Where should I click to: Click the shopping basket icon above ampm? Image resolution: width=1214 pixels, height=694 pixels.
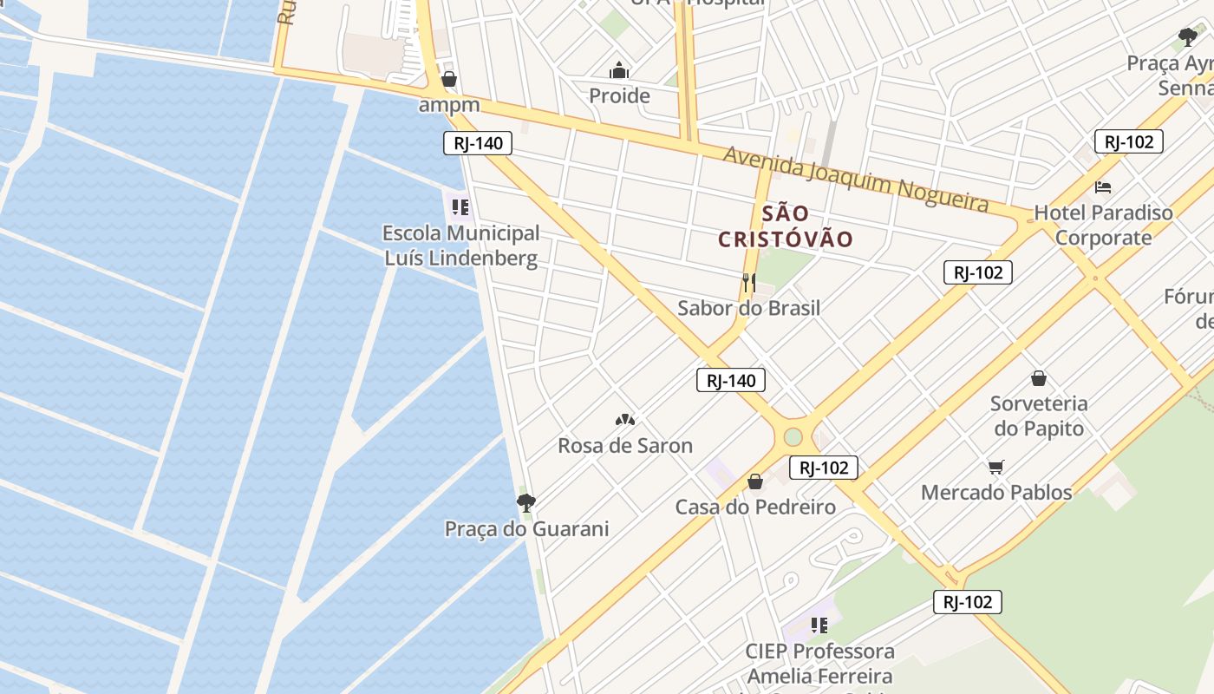click(x=449, y=79)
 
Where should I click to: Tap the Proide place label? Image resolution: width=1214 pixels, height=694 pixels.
click(x=619, y=95)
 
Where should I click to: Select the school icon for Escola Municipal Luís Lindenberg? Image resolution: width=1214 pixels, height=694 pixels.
click(x=460, y=206)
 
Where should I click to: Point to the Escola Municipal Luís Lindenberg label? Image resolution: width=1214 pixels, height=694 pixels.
click(x=460, y=246)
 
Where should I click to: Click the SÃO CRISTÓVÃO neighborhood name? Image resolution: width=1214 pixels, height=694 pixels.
click(x=786, y=226)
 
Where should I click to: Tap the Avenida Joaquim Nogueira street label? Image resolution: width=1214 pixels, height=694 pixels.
click(x=856, y=179)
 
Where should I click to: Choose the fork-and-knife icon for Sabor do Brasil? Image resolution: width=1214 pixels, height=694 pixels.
click(x=749, y=282)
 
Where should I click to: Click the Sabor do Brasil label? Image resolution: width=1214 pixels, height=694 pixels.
click(x=748, y=308)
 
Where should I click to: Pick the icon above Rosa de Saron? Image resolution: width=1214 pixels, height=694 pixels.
click(x=624, y=420)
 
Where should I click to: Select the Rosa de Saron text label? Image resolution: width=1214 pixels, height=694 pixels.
click(x=625, y=446)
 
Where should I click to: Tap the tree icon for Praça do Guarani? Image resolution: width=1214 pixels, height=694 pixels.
click(x=525, y=502)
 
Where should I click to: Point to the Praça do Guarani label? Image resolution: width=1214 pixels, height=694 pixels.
click(x=526, y=528)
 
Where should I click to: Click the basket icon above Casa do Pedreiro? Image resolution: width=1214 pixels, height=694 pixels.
click(x=755, y=481)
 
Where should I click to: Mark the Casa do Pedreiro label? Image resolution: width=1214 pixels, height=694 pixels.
click(x=755, y=507)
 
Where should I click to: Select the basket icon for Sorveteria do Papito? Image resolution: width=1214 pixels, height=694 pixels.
click(x=1038, y=378)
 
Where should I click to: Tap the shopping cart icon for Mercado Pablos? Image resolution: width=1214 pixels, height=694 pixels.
click(x=996, y=467)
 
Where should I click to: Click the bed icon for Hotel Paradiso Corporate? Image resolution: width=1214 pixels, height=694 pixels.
click(x=1103, y=187)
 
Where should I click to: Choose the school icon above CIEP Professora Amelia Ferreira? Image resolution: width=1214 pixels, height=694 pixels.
click(x=819, y=625)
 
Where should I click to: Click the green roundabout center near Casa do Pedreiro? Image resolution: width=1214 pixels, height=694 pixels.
click(x=793, y=436)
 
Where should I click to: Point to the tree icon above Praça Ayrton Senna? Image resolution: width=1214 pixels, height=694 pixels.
click(x=1187, y=37)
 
